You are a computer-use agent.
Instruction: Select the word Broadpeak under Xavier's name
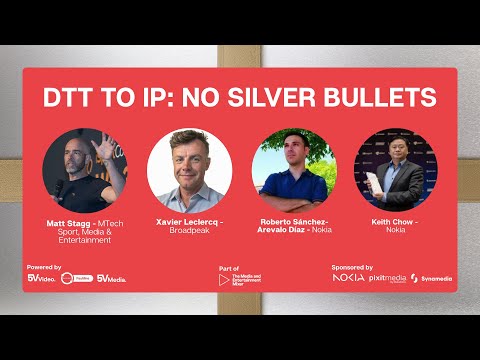pos(189,229)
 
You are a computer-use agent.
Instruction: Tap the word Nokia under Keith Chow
pos(397,229)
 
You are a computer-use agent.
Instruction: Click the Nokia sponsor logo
pos(349,278)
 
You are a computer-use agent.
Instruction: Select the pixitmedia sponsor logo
pos(388,278)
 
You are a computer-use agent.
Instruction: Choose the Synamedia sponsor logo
pos(435,278)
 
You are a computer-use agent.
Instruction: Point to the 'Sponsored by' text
pos(352,267)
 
